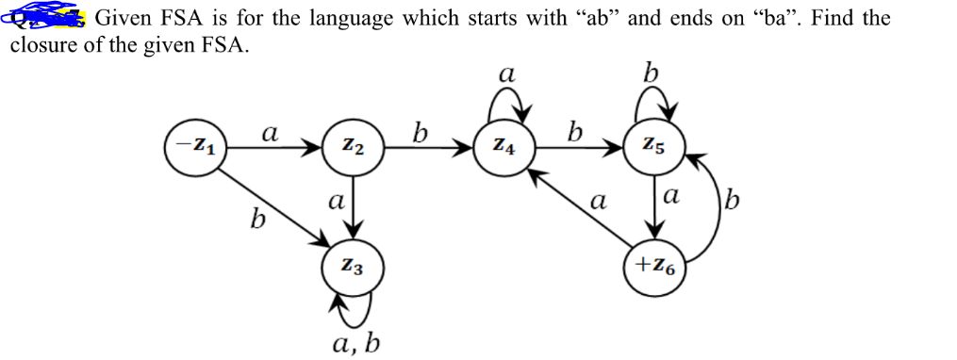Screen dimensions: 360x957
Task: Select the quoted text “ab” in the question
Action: click(x=589, y=18)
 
